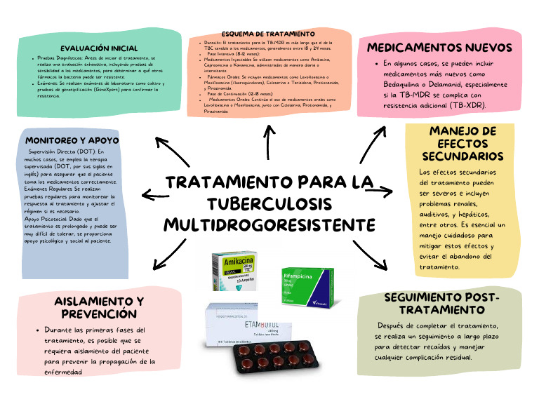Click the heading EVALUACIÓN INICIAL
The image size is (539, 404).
click(x=99, y=48)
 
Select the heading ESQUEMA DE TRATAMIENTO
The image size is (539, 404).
click(x=268, y=34)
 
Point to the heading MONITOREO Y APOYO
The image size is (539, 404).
click(x=72, y=140)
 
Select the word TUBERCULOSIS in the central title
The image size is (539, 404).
click(x=269, y=204)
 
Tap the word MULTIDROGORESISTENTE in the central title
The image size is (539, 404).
click(x=269, y=226)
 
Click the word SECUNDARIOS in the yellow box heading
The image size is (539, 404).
click(x=463, y=156)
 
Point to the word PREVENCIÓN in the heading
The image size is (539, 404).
click(x=98, y=314)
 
